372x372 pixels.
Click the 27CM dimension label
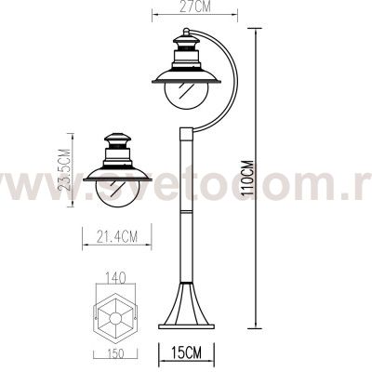(x=193, y=6)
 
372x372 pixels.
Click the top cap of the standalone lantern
(x=117, y=140)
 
